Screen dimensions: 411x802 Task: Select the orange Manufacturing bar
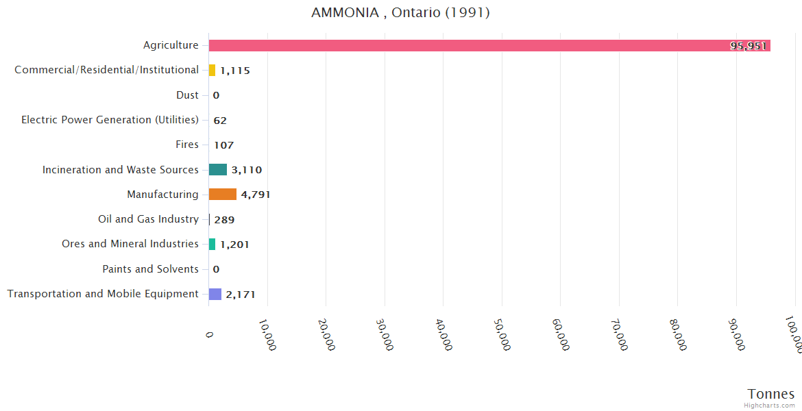coord(223,195)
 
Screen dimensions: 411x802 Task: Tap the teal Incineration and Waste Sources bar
coord(218,170)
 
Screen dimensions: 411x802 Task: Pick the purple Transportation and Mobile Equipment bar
coord(215,294)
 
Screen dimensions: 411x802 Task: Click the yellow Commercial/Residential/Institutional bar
coord(212,70)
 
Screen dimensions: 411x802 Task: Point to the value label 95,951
coord(749,46)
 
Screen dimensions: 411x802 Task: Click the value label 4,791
coord(256,195)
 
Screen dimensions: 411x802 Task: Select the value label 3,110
coord(247,170)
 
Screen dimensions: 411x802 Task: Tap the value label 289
coord(224,220)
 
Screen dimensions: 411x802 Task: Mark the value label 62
coord(220,121)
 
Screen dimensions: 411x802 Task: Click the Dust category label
coord(187,95)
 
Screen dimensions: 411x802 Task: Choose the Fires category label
coord(187,145)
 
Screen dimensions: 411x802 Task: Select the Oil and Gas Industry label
coord(148,219)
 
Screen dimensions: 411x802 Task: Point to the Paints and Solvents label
coord(150,269)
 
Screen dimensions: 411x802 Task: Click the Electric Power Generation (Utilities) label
coord(110,120)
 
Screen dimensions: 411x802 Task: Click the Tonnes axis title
coord(771,394)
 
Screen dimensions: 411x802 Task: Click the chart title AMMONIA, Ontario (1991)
coord(400,13)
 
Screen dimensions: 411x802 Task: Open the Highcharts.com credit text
coord(770,406)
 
